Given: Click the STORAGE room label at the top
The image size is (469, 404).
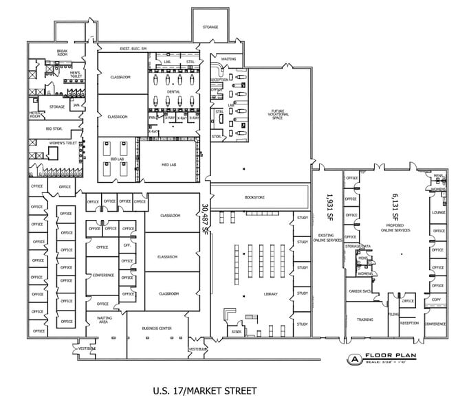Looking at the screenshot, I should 210,27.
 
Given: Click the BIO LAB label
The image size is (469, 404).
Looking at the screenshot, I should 116,159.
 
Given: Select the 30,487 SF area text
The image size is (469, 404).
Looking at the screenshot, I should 204,218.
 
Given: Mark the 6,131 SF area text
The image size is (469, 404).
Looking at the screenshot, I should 396,205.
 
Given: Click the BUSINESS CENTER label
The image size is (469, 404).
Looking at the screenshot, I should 156,328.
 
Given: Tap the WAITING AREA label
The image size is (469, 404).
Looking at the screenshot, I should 105,319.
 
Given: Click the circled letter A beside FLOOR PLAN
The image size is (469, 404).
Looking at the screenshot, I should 353,358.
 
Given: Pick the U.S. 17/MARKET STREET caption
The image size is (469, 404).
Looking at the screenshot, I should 204,391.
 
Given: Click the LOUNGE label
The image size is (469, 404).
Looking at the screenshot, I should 437,212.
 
